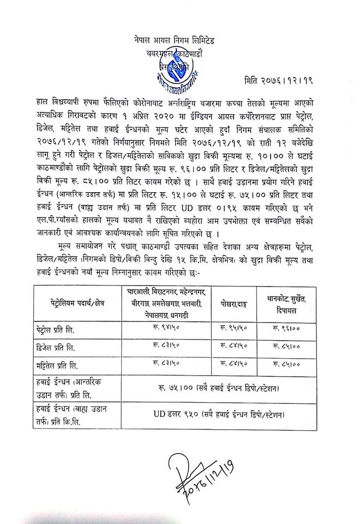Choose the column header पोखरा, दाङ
[233, 302]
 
